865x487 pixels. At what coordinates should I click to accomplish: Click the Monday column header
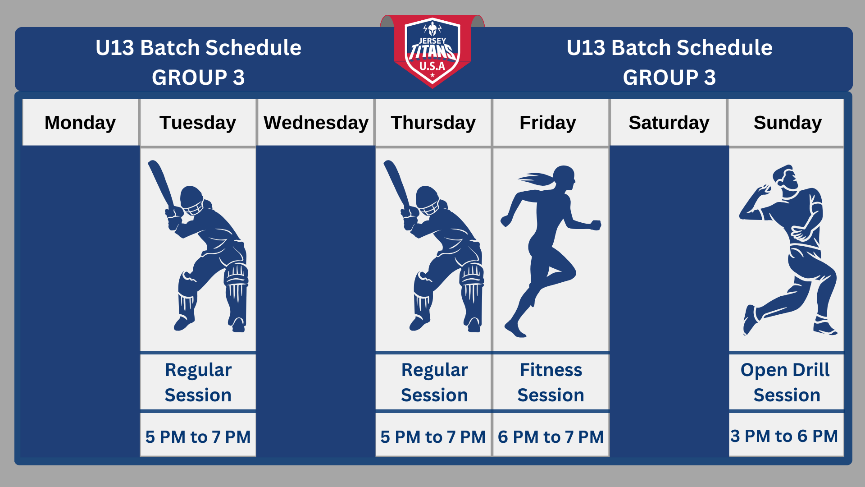coord(80,123)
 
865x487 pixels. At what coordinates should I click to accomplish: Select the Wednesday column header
coord(316,123)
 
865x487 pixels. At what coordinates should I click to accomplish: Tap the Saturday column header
coord(669,123)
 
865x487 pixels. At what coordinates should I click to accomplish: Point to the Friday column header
coord(551,123)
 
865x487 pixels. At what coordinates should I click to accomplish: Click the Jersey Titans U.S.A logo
coord(432,52)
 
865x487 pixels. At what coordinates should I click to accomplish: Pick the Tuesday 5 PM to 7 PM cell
coord(198,435)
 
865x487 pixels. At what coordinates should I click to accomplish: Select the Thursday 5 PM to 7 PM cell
coord(433,435)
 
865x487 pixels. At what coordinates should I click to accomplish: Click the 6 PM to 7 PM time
coord(551,436)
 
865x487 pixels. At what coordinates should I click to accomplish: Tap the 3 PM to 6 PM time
coord(784,436)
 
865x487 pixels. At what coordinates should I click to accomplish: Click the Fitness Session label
coord(551,382)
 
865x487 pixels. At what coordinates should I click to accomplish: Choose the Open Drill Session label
coord(786,382)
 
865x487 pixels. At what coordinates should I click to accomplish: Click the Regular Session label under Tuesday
coord(198,382)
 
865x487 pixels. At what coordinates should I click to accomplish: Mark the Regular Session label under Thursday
coord(434,382)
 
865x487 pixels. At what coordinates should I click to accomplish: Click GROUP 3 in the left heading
coord(198,78)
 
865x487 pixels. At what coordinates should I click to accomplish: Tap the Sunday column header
coord(787,123)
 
